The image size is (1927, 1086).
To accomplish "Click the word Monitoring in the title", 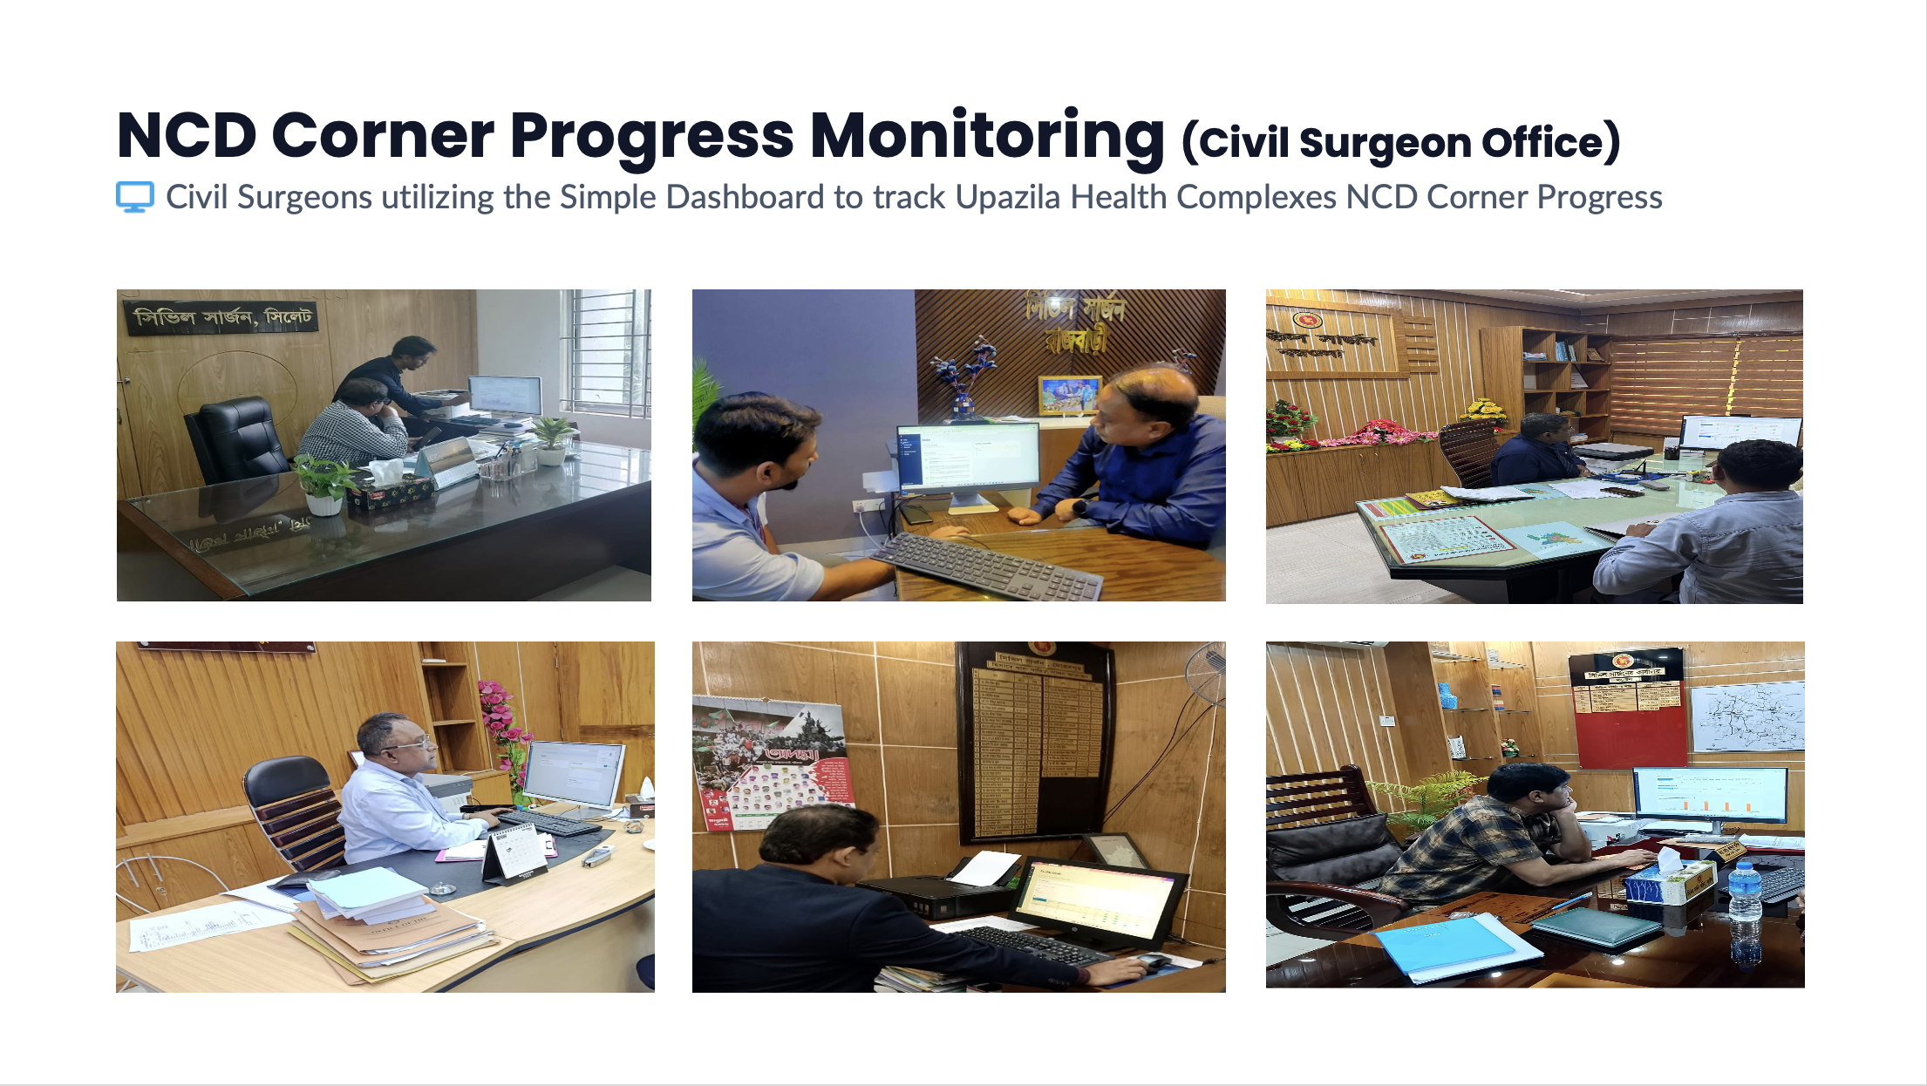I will [x=987, y=136].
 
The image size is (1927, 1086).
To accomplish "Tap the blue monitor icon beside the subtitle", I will [x=135, y=197].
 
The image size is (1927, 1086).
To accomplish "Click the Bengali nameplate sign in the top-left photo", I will [x=223, y=317].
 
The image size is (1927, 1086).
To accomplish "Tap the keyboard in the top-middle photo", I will [x=985, y=567].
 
